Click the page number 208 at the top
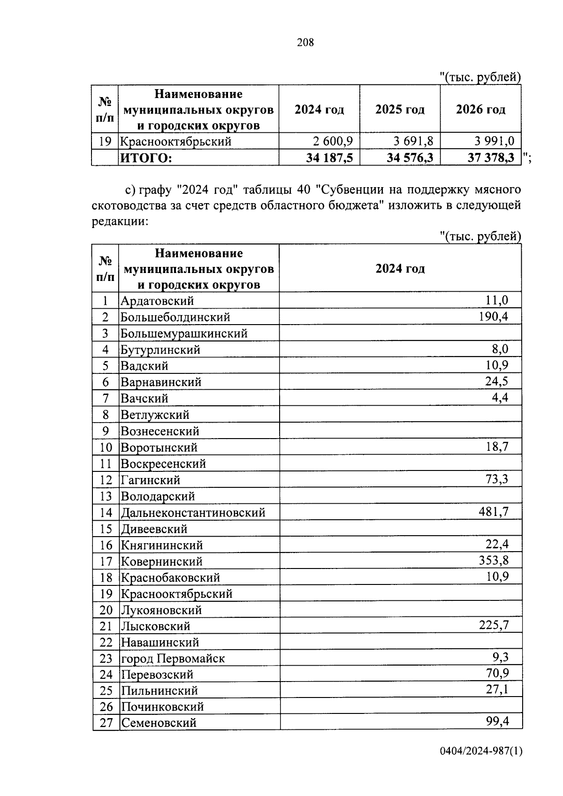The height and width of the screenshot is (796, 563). pos(305,43)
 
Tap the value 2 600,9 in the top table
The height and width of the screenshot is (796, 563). pos(333,141)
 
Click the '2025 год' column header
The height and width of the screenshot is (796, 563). pos(400,110)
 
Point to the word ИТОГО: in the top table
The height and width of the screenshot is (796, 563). pos(146,158)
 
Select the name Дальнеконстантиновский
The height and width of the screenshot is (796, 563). pos(193,513)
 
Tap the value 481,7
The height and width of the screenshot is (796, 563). pos(494,511)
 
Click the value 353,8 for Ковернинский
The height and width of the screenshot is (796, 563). pos(494,560)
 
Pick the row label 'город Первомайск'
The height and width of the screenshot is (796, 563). pos(173,659)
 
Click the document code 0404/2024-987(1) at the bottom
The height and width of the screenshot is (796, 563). pos(481,751)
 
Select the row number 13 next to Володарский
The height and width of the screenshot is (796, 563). pos(106,496)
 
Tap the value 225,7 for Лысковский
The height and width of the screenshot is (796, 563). pos(494,625)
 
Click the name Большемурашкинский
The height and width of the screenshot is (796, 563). pos(184,334)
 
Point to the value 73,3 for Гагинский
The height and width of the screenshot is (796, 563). pos(497,479)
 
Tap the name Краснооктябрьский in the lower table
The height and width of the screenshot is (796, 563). pos(176,594)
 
